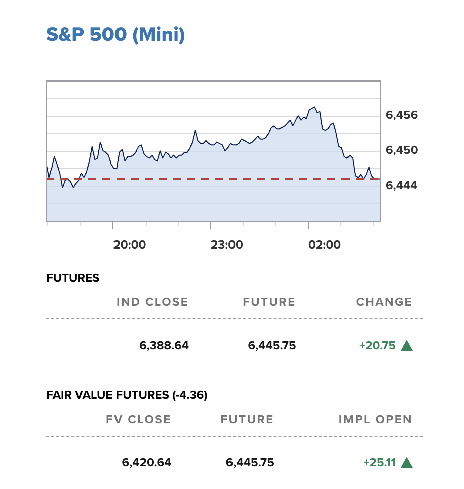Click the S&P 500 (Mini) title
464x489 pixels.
[115, 35]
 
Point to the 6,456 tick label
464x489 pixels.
[401, 115]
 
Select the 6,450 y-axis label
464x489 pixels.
[401, 150]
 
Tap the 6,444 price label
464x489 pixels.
[401, 186]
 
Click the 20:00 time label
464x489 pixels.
[129, 245]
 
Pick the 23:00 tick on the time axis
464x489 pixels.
[226, 245]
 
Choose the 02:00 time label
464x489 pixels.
[324, 245]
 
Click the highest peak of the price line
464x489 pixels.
[314, 107]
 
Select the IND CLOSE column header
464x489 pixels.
[152, 302]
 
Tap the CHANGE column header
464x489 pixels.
[384, 302]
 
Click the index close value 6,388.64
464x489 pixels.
[164, 346]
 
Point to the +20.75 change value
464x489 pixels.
[377, 346]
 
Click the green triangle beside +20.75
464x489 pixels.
[407, 346]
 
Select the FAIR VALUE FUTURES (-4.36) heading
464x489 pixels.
[127, 395]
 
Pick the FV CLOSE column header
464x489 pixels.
[138, 420]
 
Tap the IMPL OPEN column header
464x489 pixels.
[375, 420]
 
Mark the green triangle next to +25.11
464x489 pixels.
[407, 463]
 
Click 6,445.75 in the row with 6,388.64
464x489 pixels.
[272, 346]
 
